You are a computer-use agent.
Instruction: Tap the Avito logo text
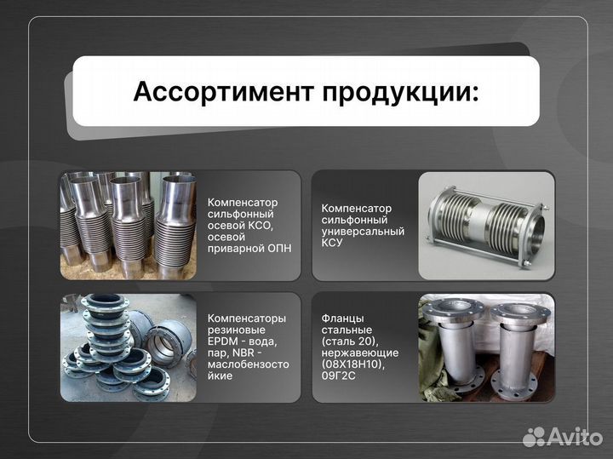click(576, 436)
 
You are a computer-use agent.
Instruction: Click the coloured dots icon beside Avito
click(534, 437)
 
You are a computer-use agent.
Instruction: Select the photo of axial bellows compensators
click(128, 226)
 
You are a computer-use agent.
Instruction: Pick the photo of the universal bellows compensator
click(486, 226)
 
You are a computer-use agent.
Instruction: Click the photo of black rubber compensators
click(128, 348)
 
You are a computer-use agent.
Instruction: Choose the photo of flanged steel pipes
click(486, 348)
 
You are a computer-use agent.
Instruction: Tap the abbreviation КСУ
click(332, 243)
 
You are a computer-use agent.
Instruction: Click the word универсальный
click(363, 231)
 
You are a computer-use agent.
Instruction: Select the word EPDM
click(223, 341)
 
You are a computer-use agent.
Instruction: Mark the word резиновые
click(236, 330)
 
